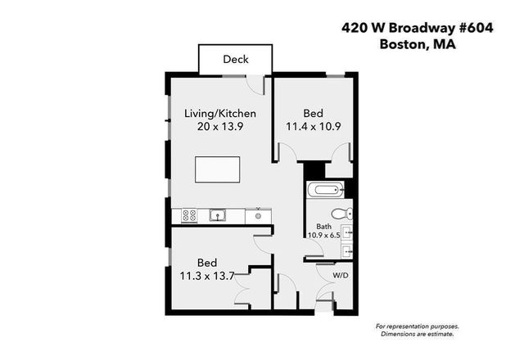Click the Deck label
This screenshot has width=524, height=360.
click(x=236, y=60)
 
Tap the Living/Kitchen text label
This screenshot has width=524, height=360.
click(x=220, y=113)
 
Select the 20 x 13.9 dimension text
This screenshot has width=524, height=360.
click(x=220, y=126)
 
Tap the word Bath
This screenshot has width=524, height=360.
click(x=324, y=226)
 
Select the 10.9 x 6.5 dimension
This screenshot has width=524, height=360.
click(x=325, y=235)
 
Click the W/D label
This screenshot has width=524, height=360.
click(x=340, y=275)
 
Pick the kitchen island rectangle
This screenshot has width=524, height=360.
click(x=219, y=170)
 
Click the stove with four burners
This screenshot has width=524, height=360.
click(x=187, y=216)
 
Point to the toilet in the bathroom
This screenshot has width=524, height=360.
click(x=346, y=214)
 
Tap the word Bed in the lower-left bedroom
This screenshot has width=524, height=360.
click(x=207, y=263)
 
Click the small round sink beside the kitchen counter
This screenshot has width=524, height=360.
click(x=258, y=216)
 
